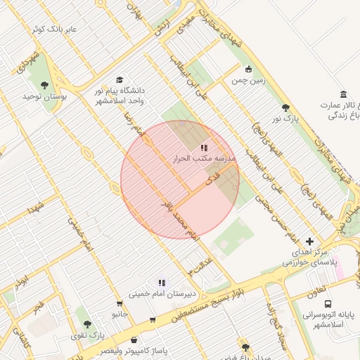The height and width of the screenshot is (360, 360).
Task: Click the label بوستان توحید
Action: point(44,96)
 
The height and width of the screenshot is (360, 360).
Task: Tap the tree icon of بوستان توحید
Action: point(45,85)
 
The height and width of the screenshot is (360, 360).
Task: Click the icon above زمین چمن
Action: point(248,69)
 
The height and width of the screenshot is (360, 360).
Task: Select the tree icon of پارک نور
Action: point(285,108)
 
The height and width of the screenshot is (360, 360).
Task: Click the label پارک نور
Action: point(285,119)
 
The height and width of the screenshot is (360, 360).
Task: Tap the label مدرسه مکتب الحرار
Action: point(205,160)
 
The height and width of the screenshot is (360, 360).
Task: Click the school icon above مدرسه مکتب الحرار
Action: point(204,148)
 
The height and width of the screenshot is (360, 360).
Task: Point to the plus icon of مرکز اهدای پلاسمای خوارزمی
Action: point(310,241)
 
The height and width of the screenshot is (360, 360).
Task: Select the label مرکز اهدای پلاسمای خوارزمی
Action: point(310,257)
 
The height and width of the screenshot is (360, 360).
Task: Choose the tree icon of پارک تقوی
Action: point(87,324)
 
